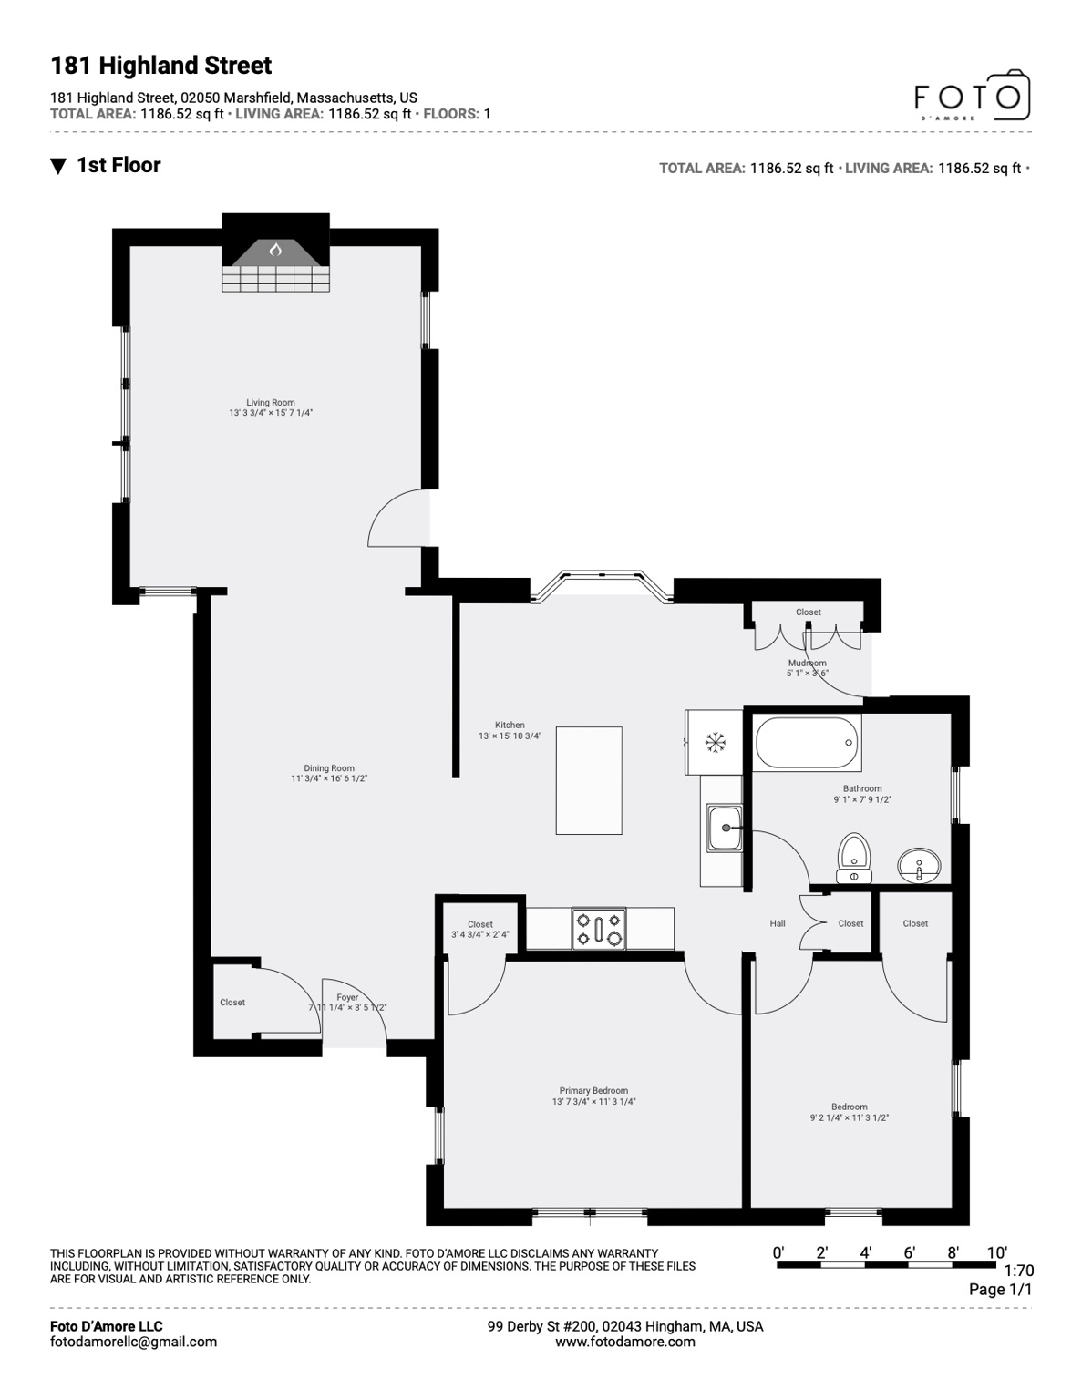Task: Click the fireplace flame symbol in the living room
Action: coord(275,249)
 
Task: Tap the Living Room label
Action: coord(271,403)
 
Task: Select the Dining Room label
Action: coord(329,768)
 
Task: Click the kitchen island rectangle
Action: coord(589,780)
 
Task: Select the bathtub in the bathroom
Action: coord(808,743)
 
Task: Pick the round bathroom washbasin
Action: coord(919,863)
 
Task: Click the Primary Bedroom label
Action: coord(593,1091)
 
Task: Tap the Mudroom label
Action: coord(808,664)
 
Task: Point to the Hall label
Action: coord(778,924)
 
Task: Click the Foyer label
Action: coord(347,998)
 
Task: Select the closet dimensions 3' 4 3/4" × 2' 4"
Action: coord(480,935)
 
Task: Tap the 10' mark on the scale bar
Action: coord(996,1253)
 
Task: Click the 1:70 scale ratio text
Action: coord(1018,1271)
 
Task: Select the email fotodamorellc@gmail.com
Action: coord(133,1342)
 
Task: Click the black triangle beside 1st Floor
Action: coord(58,166)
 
